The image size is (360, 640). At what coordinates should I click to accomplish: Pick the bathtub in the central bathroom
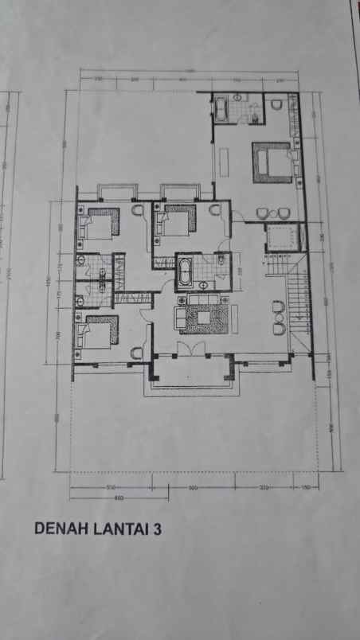pyautogui.click(x=184, y=270)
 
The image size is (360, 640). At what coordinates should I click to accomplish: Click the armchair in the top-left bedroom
pyautogui.click(x=136, y=210)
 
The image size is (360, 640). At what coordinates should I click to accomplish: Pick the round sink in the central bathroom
pyautogui.click(x=205, y=284)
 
